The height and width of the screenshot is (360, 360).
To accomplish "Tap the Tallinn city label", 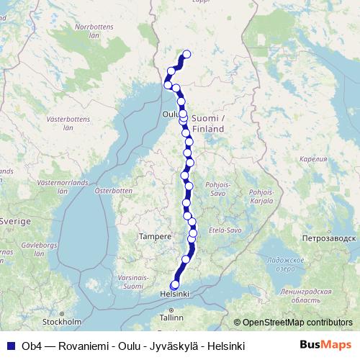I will [x=172, y=317].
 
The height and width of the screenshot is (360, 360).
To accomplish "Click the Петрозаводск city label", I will [x=330, y=237].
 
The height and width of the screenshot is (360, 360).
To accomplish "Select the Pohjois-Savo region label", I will [x=219, y=189].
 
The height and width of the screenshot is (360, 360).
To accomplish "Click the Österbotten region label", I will [x=114, y=191].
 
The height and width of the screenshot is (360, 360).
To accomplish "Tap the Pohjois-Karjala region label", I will [x=260, y=196].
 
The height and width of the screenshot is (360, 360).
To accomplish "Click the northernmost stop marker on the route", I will [x=187, y=54].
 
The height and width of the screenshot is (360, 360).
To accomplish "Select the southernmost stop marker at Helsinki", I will [x=174, y=285].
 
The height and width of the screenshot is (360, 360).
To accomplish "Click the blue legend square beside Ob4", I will [x=10, y=346].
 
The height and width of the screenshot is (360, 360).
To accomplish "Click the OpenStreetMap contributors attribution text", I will [x=297, y=323].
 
